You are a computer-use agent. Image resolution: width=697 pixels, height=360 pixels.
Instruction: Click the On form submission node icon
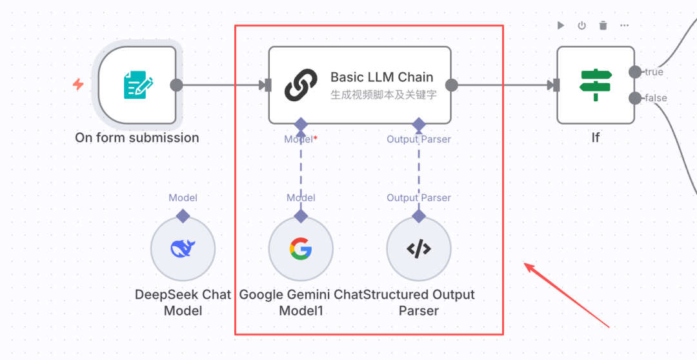(x=138, y=85)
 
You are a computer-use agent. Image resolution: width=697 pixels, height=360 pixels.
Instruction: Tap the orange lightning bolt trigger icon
(x=78, y=85)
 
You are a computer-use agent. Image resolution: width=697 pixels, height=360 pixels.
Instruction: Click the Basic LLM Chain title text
(x=381, y=77)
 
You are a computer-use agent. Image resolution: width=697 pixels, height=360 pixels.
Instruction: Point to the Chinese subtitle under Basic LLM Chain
(x=383, y=95)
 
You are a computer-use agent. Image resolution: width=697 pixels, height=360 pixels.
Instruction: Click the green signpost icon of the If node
(x=595, y=85)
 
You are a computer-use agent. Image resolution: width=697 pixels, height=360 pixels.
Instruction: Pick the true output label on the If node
(x=654, y=72)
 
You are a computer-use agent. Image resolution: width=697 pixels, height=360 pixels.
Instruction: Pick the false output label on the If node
(x=655, y=98)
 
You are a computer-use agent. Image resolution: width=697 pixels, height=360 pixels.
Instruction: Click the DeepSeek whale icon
(x=183, y=248)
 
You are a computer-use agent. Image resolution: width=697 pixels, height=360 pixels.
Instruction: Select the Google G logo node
(x=301, y=248)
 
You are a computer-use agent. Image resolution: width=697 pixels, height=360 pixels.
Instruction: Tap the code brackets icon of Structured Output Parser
(x=419, y=248)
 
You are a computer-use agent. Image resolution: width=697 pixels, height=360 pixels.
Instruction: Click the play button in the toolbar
(x=561, y=25)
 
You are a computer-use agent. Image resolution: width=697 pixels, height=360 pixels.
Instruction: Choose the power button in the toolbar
(x=581, y=25)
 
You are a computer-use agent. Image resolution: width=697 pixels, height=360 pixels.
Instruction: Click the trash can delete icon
(x=603, y=25)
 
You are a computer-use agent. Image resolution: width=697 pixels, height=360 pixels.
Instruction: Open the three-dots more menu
(x=624, y=25)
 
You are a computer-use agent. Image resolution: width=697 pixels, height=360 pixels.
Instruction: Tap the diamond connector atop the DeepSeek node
(x=183, y=215)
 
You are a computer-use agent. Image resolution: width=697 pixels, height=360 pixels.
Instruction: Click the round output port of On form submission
(x=176, y=85)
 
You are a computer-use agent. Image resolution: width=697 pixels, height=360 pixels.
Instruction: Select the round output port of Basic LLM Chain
(x=451, y=85)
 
